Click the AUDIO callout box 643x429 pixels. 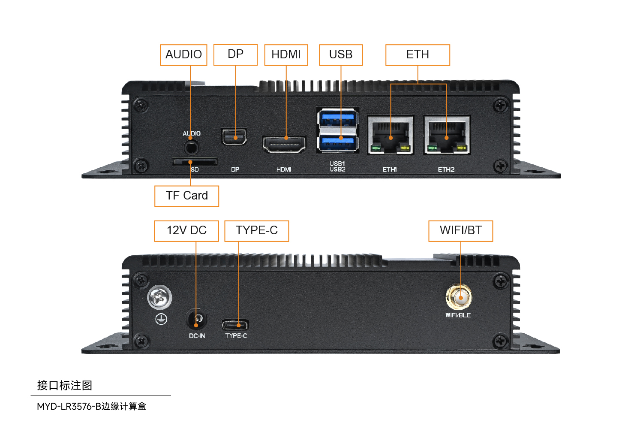[183, 55]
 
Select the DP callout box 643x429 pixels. [235, 54]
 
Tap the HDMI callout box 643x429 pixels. [286, 55]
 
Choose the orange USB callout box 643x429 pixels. [341, 55]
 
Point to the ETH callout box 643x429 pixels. [418, 55]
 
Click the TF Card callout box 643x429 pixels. [186, 196]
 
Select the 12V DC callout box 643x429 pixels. [186, 231]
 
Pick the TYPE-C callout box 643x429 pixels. [256, 231]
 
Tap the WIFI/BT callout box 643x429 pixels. [461, 231]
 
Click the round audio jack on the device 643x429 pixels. [191, 148]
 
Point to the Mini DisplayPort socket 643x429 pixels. [234, 137]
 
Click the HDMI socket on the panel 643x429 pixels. [284, 144]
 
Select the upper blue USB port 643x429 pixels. [338, 118]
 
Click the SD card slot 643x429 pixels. [195, 162]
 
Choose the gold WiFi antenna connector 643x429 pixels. [459, 297]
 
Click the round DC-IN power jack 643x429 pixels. [197, 319]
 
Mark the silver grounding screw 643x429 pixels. [160, 297]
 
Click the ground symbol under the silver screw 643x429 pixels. [161, 319]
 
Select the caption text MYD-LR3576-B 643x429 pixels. [69, 406]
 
